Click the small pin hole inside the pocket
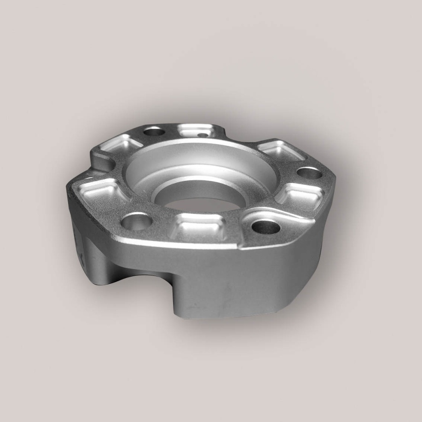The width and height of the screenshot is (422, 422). [201, 135]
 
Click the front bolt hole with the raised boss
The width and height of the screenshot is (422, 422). [266, 226]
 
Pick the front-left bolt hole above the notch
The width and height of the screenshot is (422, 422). [137, 222]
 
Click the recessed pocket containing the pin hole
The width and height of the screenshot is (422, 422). [196, 131]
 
